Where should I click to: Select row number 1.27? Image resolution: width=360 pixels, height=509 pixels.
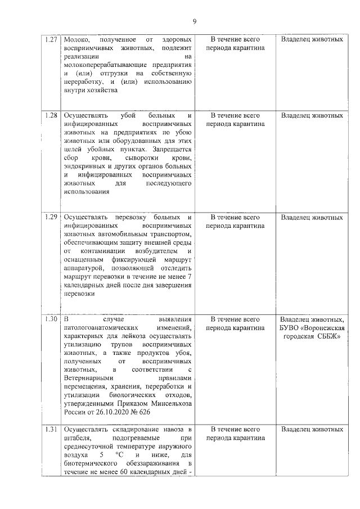coord(52,40)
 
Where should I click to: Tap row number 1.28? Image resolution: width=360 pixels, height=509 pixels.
coord(52,115)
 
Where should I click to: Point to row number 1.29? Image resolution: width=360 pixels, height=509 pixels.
coord(52,217)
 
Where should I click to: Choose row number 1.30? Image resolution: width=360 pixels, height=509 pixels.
coord(52,318)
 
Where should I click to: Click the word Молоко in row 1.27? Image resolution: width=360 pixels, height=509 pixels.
coord(77,40)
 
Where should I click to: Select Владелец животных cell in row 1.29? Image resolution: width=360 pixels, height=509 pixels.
coord(312,217)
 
